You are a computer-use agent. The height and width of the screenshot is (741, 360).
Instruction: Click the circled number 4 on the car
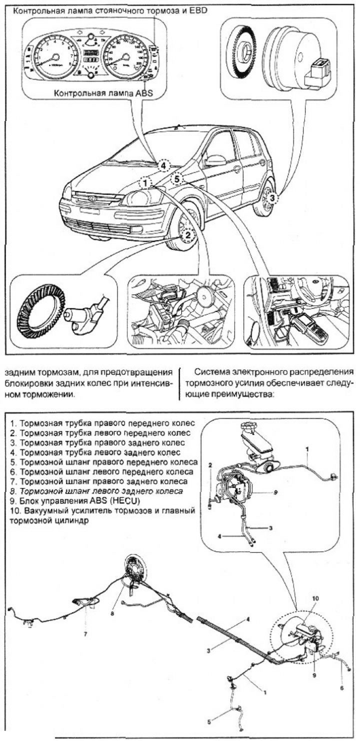(164, 165)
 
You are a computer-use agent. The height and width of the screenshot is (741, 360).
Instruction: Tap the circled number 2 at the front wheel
(187, 233)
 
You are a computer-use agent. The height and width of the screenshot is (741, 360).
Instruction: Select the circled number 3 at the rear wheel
(272, 198)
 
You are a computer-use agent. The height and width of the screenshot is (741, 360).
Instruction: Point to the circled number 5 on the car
(177, 178)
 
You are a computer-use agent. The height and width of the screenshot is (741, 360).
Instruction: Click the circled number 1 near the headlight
(144, 183)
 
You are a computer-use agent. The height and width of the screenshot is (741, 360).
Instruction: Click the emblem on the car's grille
(92, 198)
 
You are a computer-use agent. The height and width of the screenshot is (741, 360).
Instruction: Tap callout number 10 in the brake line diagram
(315, 598)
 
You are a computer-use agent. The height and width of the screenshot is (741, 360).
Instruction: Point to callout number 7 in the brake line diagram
(85, 635)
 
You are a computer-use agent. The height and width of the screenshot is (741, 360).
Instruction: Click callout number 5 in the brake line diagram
(209, 722)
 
